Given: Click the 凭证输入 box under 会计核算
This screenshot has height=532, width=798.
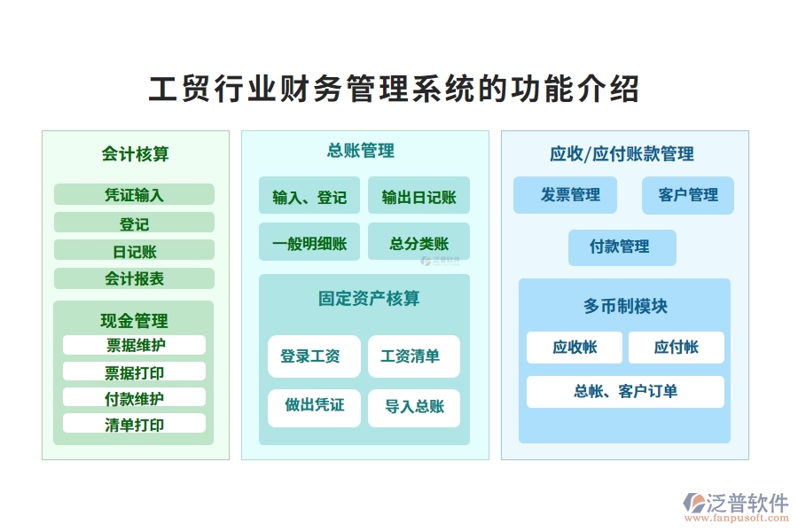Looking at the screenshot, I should coord(134,195).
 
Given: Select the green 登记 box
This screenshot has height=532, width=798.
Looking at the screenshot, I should coord(134,223).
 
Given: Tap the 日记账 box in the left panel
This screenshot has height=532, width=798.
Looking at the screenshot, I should coord(134,251).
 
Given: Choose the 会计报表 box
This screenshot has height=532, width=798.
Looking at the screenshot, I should coord(134,278).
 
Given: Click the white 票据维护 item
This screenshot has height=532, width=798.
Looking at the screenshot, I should coord(134,345).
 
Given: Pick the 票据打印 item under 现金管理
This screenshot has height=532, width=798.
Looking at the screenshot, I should coord(134,372).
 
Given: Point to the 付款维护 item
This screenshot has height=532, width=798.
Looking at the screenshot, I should coord(134,398).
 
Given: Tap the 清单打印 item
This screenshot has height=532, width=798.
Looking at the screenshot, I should coord(134,424).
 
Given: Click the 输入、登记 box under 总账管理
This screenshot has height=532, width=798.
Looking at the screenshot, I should coord(309,197).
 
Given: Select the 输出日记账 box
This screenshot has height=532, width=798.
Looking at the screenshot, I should coord(419,197).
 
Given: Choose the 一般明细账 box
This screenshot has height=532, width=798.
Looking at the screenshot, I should coord(309,243).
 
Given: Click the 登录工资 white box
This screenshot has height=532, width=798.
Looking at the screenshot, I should coord(314,356).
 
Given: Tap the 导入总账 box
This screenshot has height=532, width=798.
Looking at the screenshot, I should coord(414,407).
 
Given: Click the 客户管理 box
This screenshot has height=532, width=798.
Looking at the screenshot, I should coord(688,195).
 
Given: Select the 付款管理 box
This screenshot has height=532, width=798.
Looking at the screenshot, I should coord(622,247).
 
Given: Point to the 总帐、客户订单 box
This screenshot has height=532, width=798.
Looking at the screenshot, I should coord(625,391).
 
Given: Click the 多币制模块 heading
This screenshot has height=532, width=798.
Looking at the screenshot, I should coord(625,306).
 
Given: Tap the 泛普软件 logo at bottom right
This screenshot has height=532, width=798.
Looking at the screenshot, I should coord(735,505).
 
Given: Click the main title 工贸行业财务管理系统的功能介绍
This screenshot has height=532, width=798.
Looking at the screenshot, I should coord(394,90).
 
